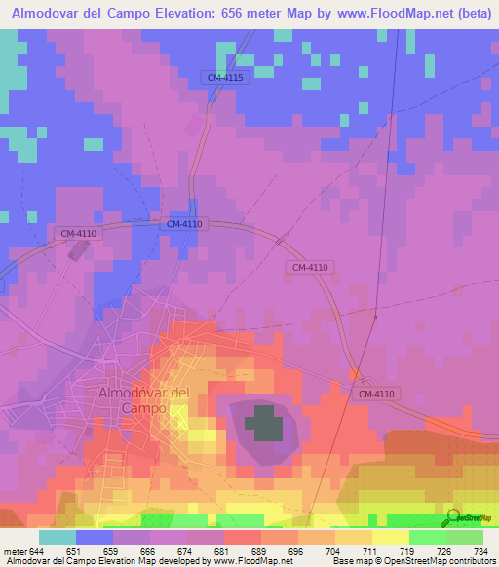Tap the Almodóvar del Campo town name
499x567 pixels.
point(143,399)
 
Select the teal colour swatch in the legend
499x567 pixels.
point(58,537)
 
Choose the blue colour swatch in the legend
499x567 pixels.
point(95,537)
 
